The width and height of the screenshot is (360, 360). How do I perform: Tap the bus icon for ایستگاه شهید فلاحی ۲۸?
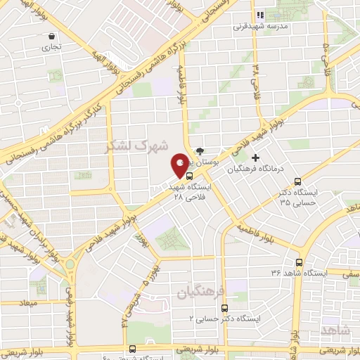190,176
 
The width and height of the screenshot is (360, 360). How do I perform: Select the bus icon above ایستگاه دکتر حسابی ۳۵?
297,180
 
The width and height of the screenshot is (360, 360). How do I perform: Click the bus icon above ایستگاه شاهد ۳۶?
299,262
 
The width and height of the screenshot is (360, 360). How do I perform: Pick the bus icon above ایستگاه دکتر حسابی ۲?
224,307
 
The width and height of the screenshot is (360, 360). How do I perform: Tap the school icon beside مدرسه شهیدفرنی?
259,14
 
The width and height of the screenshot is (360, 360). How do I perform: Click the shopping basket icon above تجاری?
51,36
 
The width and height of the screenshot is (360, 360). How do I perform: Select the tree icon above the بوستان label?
200,150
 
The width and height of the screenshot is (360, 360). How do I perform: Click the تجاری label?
51,48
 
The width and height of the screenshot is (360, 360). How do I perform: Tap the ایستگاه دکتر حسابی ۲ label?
224,319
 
